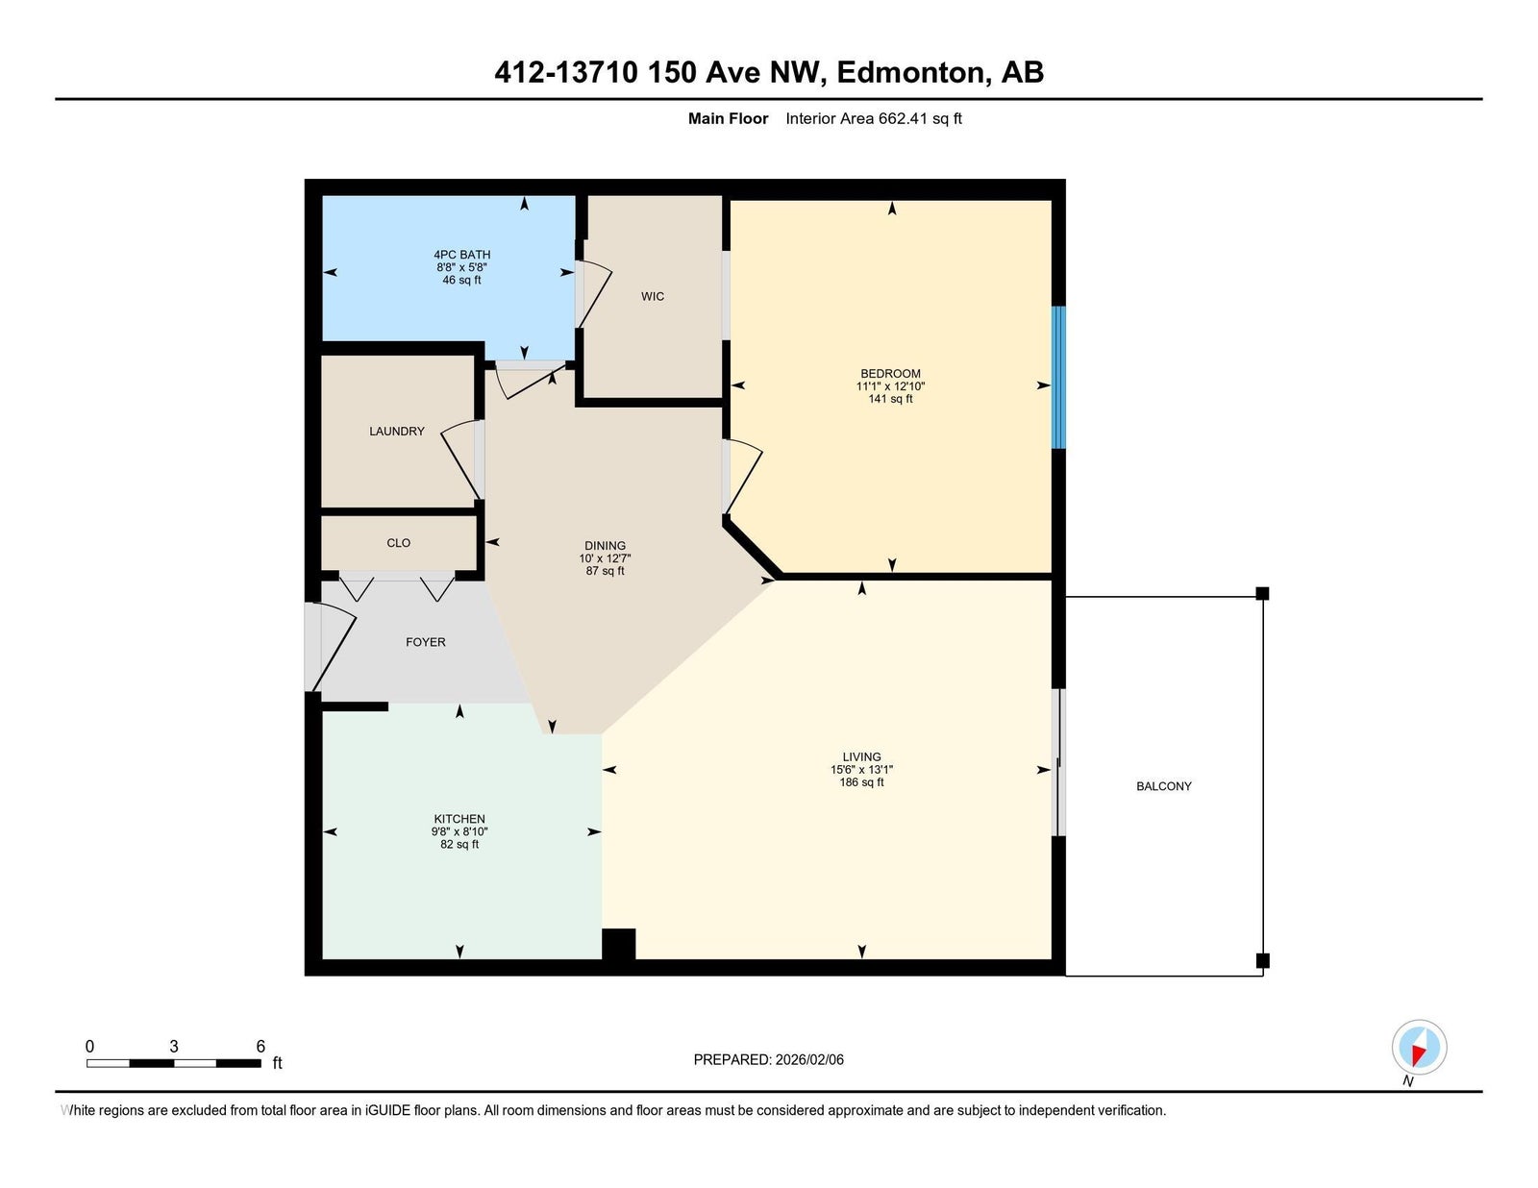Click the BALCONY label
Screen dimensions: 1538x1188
(1163, 786)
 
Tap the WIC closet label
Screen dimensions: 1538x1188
(653, 296)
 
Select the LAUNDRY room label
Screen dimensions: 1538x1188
(397, 431)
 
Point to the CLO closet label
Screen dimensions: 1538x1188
(399, 543)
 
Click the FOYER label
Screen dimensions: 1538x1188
(426, 642)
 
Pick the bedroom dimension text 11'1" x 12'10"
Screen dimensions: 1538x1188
(890, 386)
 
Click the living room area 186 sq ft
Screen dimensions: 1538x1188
(861, 781)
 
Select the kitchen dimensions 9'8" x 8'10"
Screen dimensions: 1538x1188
(459, 831)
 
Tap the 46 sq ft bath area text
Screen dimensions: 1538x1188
(461, 280)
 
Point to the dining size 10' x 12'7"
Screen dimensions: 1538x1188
(606, 558)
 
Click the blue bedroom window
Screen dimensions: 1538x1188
(1058, 377)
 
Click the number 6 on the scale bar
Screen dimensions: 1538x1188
(260, 1046)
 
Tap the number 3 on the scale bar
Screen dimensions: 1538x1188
(173, 1046)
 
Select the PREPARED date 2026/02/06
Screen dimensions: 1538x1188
(809, 1059)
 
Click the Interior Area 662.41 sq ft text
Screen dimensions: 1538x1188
(874, 119)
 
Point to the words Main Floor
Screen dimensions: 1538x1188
(728, 119)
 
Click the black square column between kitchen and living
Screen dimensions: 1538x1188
(619, 944)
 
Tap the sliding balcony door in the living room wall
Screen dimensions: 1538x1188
(1059, 762)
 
